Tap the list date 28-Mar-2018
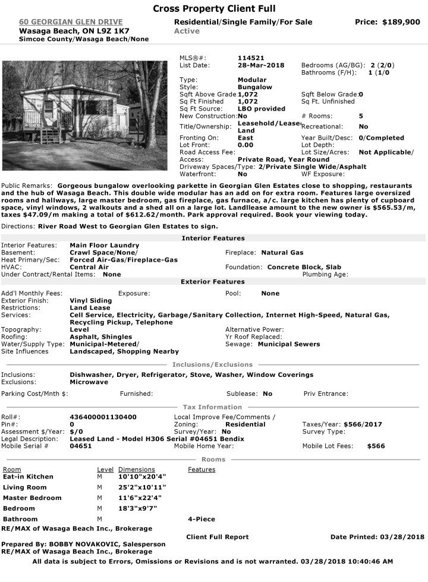click(261, 65)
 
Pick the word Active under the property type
click(187, 31)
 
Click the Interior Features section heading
click(213, 238)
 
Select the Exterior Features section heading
click(213, 282)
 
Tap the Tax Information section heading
click(213, 407)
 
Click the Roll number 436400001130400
click(103, 417)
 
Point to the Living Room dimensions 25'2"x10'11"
click(142, 487)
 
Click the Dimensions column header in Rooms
click(137, 470)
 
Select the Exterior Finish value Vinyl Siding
click(91, 301)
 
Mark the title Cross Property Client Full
click(214, 9)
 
